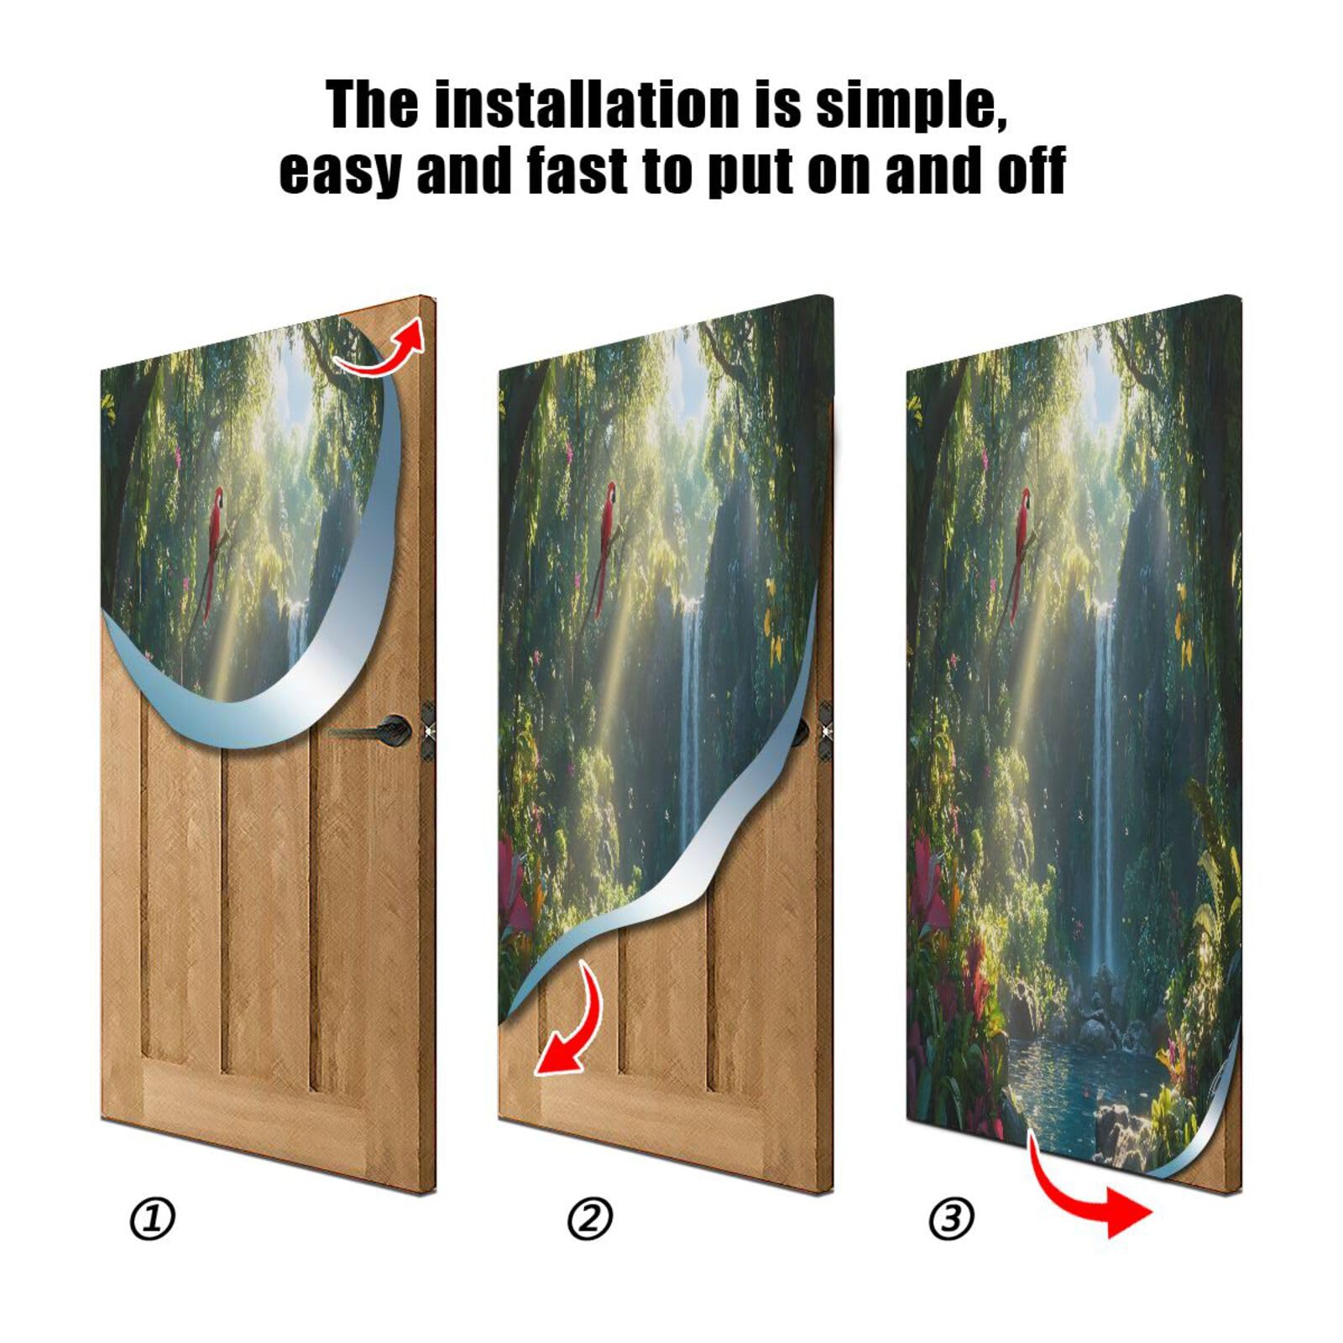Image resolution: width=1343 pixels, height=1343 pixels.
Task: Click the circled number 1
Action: tap(153, 1219)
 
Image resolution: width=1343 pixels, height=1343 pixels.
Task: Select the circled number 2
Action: tap(590, 1219)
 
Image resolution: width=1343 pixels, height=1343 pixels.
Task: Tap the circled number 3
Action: tap(952, 1219)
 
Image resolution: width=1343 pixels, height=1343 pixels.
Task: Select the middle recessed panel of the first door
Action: tap(267, 907)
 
